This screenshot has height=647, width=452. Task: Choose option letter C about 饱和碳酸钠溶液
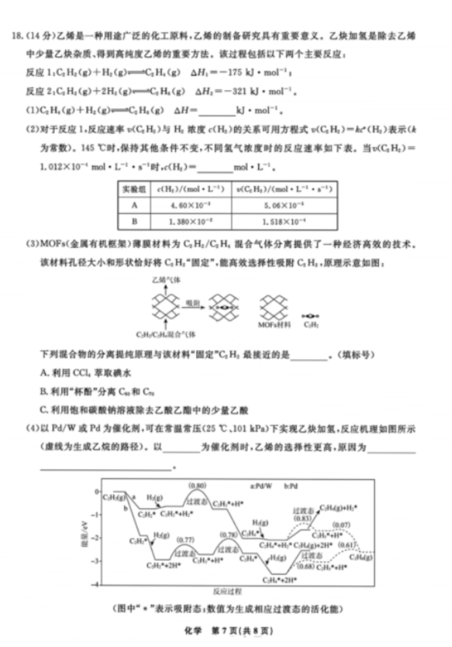tap(43, 410)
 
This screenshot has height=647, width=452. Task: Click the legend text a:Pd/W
tap(263, 486)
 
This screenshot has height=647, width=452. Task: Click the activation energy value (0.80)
tap(196, 486)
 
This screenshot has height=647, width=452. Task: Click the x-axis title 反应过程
tap(227, 592)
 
